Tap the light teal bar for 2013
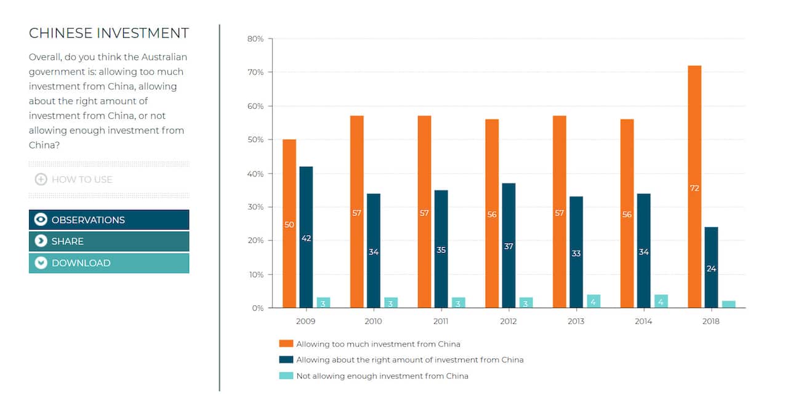tap(593, 302)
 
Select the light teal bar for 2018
tap(728, 304)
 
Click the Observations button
tap(109, 220)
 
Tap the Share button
tap(109, 241)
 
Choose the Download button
tap(109, 263)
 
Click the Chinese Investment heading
tap(109, 33)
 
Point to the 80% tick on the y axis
tap(255, 39)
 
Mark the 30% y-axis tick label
tap(255, 207)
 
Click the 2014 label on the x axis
tap(643, 321)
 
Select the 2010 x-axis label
tap(373, 321)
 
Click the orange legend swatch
tap(286, 343)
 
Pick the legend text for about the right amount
tap(409, 359)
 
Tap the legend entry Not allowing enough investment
tap(382, 375)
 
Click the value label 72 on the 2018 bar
tap(694, 188)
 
